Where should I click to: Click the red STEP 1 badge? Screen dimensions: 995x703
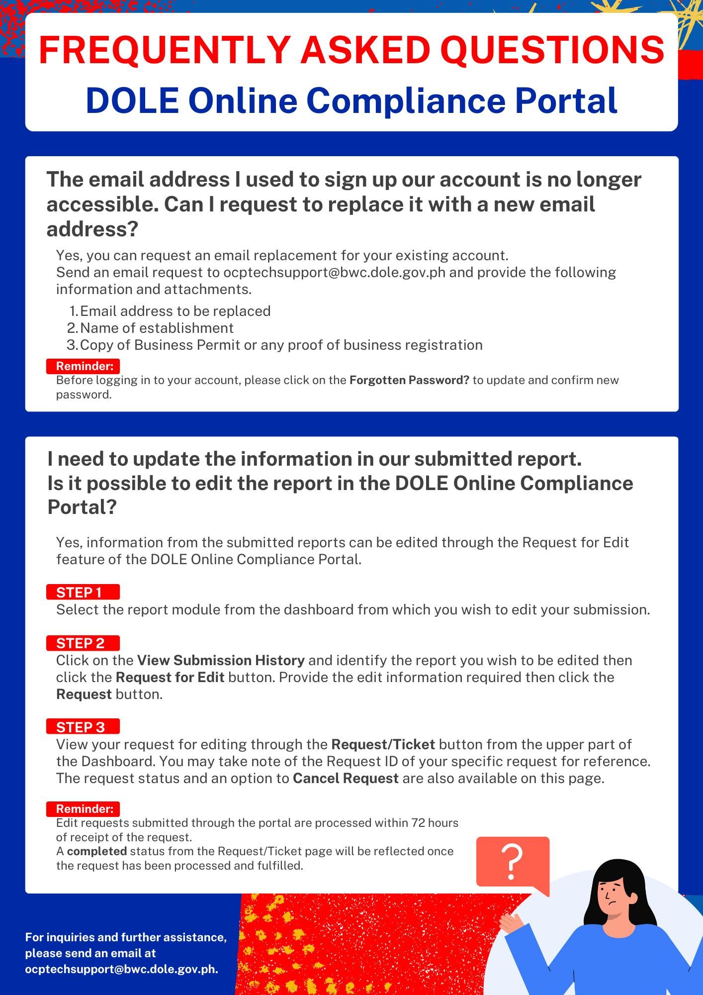pyautogui.click(x=83, y=592)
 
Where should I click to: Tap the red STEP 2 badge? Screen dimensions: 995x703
pyautogui.click(x=83, y=643)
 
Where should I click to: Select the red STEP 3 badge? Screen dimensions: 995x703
pyautogui.click(x=83, y=727)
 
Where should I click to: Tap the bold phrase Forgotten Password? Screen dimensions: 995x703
pyautogui.click(x=409, y=380)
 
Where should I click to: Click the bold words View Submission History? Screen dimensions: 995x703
pyautogui.click(x=221, y=661)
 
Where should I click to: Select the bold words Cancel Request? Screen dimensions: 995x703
pyautogui.click(x=346, y=778)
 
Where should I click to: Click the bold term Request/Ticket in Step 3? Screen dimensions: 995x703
pyautogui.click(x=383, y=744)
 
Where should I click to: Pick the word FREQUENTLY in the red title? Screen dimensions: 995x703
pyautogui.click(x=164, y=50)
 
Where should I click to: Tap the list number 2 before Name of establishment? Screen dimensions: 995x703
pyautogui.click(x=72, y=328)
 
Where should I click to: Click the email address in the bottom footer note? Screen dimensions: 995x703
pyautogui.click(x=121, y=969)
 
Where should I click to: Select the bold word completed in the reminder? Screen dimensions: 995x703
pyautogui.click(x=97, y=851)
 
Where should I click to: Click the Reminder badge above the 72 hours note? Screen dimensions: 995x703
pyautogui.click(x=84, y=808)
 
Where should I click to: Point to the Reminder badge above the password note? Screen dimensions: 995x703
pyautogui.click(x=84, y=366)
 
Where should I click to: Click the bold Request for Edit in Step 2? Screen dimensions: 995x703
pyautogui.click(x=170, y=678)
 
